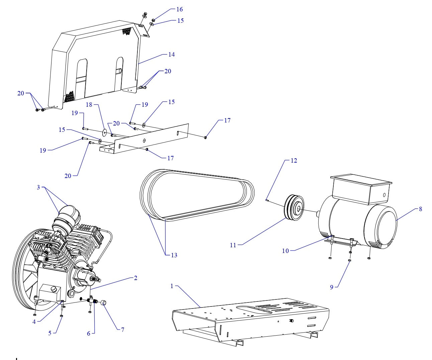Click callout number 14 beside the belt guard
[171, 55]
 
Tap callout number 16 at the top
[180, 9]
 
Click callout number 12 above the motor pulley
[294, 161]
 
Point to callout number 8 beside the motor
[420, 209]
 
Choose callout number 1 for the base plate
[172, 286]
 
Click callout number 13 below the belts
[174, 255]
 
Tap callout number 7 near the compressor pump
[123, 330]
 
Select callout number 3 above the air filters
[38, 187]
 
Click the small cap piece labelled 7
[103, 303]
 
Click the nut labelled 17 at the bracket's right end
[205, 137]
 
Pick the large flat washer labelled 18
[104, 133]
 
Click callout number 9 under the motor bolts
[332, 287]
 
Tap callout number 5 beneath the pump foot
[50, 333]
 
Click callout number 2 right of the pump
[135, 278]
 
